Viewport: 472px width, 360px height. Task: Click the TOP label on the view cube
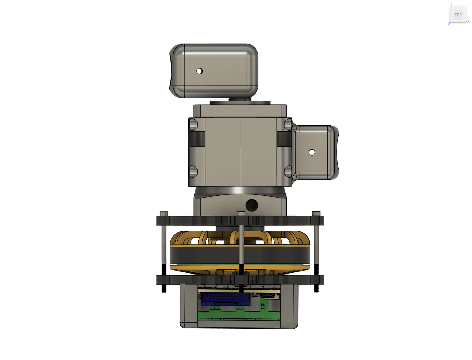(458, 15)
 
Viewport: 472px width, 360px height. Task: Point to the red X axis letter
(469, 22)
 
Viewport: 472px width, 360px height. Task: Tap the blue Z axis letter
(449, 24)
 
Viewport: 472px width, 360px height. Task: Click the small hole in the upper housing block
(199, 71)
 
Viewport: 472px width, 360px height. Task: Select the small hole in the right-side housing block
(312, 152)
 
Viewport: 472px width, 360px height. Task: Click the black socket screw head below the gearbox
(252, 205)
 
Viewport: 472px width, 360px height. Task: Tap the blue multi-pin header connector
(226, 299)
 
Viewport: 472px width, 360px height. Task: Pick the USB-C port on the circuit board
(267, 296)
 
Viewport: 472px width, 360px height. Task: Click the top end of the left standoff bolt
(164, 213)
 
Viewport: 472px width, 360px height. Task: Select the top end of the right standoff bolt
(316, 213)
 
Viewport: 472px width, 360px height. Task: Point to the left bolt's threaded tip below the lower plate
(164, 288)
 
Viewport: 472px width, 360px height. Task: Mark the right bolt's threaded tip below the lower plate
(316, 288)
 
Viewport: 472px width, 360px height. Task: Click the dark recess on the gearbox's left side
(197, 139)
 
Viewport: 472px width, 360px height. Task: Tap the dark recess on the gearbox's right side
(284, 139)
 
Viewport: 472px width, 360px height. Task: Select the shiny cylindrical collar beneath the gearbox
(240, 190)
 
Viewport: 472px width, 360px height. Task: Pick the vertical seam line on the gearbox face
(241, 152)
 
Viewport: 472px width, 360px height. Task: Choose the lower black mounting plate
(198, 280)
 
